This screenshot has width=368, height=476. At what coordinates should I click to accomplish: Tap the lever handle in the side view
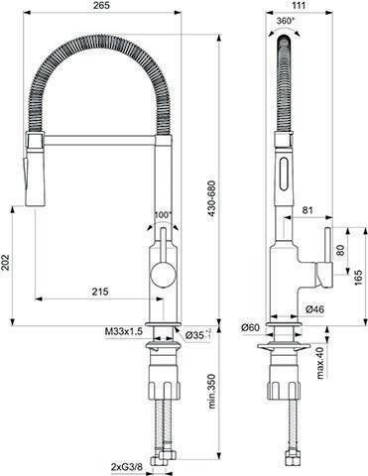(x=323, y=270)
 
